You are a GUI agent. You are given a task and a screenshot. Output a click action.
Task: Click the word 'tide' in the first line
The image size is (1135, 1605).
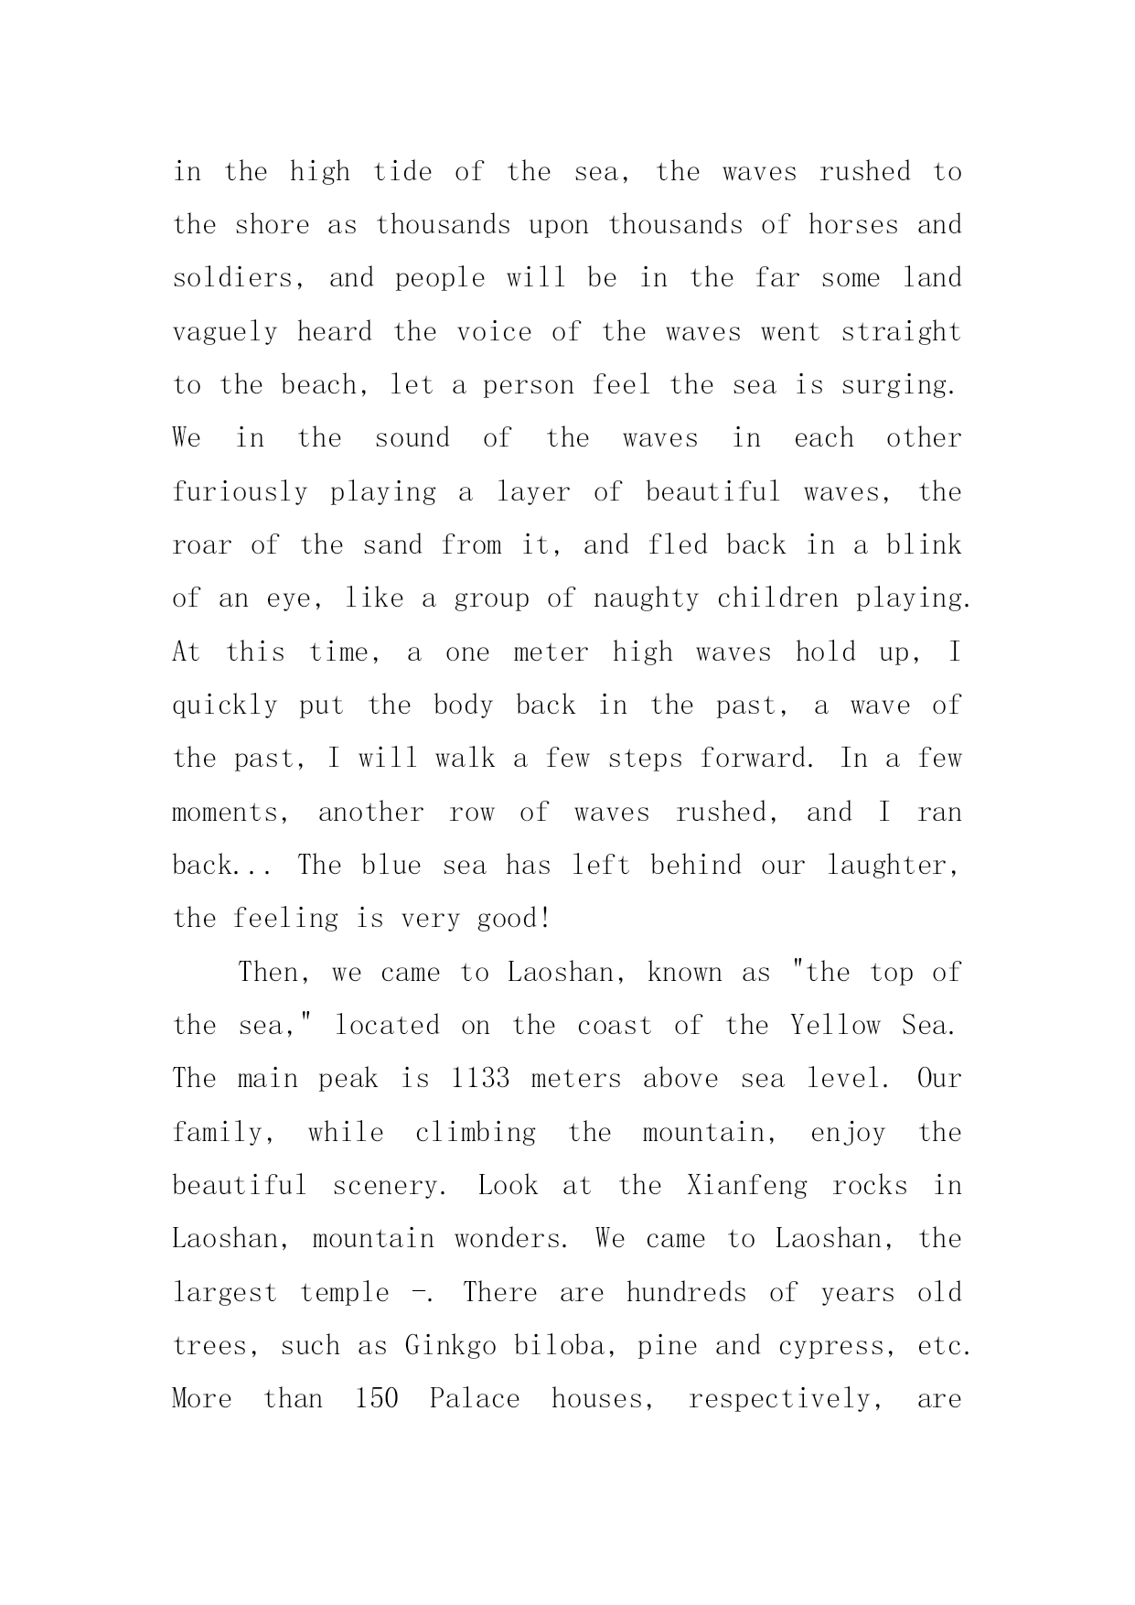point(402,171)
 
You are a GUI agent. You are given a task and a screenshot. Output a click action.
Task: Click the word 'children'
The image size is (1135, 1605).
point(777,598)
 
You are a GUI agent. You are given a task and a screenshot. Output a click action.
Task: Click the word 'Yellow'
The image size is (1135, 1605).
point(834,1025)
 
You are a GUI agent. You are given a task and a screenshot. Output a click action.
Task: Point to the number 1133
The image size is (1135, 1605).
point(480,1078)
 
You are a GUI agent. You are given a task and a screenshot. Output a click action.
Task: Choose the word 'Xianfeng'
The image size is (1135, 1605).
point(747,1186)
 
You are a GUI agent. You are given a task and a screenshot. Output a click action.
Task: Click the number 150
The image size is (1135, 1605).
point(376,1399)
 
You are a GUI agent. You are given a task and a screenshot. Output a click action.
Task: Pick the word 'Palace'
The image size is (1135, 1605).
point(475,1399)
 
